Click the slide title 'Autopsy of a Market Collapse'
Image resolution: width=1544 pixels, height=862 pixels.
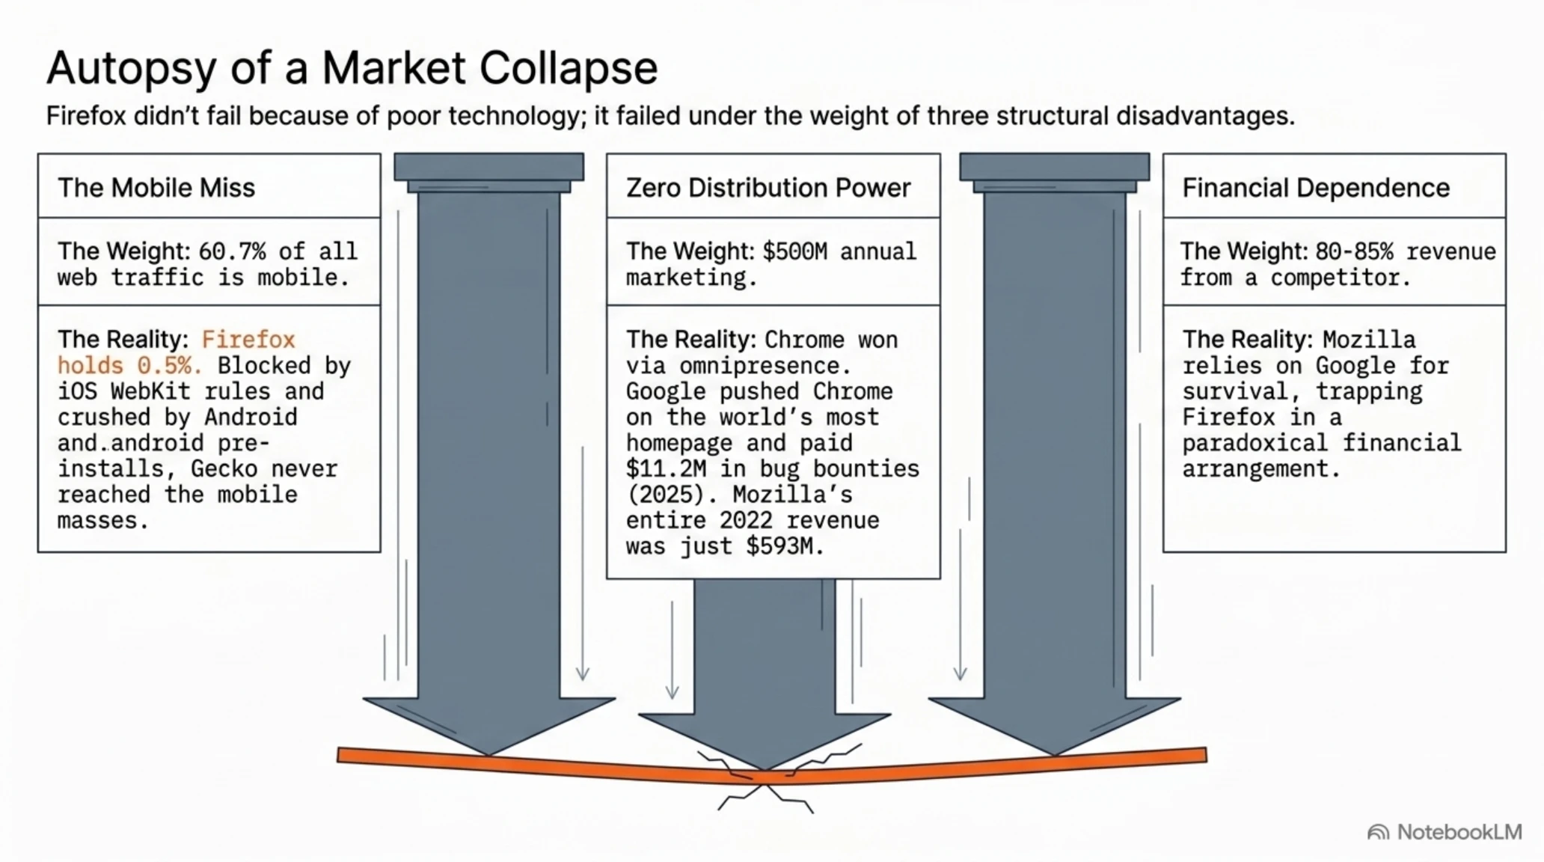click(x=352, y=68)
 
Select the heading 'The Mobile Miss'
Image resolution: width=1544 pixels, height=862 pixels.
click(x=156, y=187)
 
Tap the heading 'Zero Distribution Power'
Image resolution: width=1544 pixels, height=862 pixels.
click(x=768, y=187)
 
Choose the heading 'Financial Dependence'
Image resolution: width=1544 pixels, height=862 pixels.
click(x=1316, y=187)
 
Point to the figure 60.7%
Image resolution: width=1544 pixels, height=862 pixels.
click(x=232, y=251)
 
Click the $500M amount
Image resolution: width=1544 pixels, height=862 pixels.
click(x=794, y=251)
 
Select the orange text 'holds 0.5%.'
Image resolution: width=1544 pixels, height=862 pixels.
click(x=129, y=365)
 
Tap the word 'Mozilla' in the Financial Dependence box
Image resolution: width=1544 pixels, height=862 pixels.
click(x=1369, y=339)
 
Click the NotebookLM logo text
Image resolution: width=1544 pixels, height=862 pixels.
click(x=1459, y=832)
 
